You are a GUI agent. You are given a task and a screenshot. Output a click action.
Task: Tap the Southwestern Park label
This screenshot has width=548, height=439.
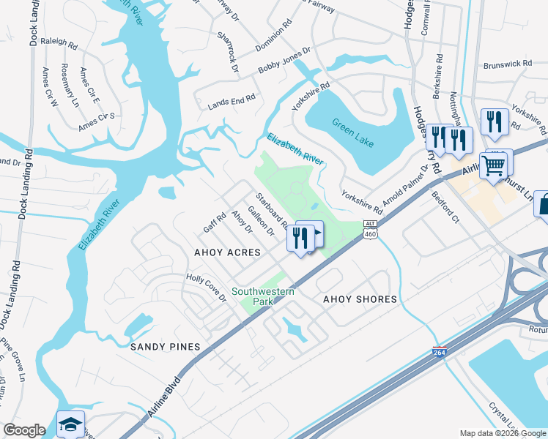pos(253,296)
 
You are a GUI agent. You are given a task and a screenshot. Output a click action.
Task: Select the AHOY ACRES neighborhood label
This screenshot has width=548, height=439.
pos(227,252)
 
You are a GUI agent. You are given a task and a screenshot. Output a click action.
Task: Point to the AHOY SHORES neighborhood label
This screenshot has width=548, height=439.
pos(360,299)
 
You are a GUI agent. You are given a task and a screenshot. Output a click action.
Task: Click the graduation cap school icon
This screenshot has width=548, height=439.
pos(70,424)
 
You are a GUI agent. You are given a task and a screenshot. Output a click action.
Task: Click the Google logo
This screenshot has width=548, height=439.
pos(24,430)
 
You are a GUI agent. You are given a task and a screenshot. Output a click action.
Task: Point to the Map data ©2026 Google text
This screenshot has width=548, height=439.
pos(502,433)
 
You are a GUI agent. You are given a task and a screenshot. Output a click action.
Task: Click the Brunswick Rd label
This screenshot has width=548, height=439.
pos(507,64)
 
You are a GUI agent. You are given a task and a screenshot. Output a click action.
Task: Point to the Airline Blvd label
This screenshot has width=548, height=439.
pos(162,399)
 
